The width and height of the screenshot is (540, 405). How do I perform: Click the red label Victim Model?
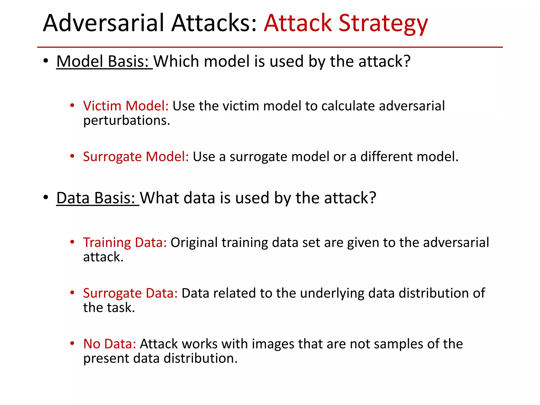point(126,106)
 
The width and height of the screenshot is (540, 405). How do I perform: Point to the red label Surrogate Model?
point(136,157)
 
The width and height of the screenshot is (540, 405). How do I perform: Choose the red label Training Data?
point(125,243)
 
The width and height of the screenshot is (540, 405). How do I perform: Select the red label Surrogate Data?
point(130,293)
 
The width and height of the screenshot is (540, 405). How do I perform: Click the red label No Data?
point(109,344)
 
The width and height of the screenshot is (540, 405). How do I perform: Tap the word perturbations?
point(126,121)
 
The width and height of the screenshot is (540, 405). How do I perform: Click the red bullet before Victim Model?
point(72,106)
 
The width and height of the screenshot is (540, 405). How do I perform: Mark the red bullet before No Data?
point(72,344)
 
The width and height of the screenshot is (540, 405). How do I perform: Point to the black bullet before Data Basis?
point(46,198)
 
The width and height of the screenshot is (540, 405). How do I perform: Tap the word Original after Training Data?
point(194,243)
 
